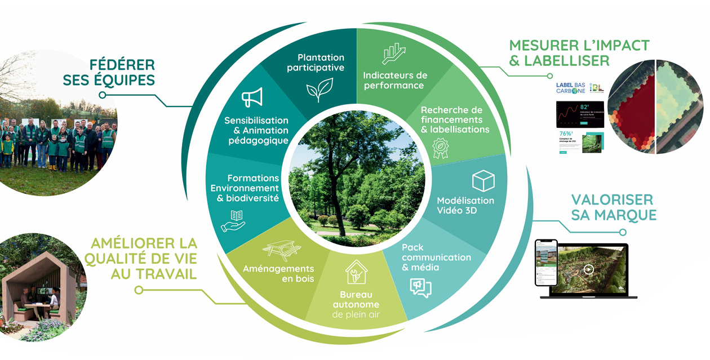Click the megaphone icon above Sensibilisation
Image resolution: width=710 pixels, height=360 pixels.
click(252, 98)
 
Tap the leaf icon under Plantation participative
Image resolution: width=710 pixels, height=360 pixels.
click(319, 89)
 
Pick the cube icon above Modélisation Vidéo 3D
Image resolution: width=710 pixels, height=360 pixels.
click(483, 181)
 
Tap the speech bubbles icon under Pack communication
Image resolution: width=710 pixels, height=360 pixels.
click(420, 288)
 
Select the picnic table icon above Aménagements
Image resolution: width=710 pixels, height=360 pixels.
click(281, 250)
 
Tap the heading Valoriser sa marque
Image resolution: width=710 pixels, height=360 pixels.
click(614, 207)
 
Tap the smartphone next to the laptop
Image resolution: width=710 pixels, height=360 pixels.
click(545, 263)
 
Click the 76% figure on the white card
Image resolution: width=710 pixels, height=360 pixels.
click(566, 134)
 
